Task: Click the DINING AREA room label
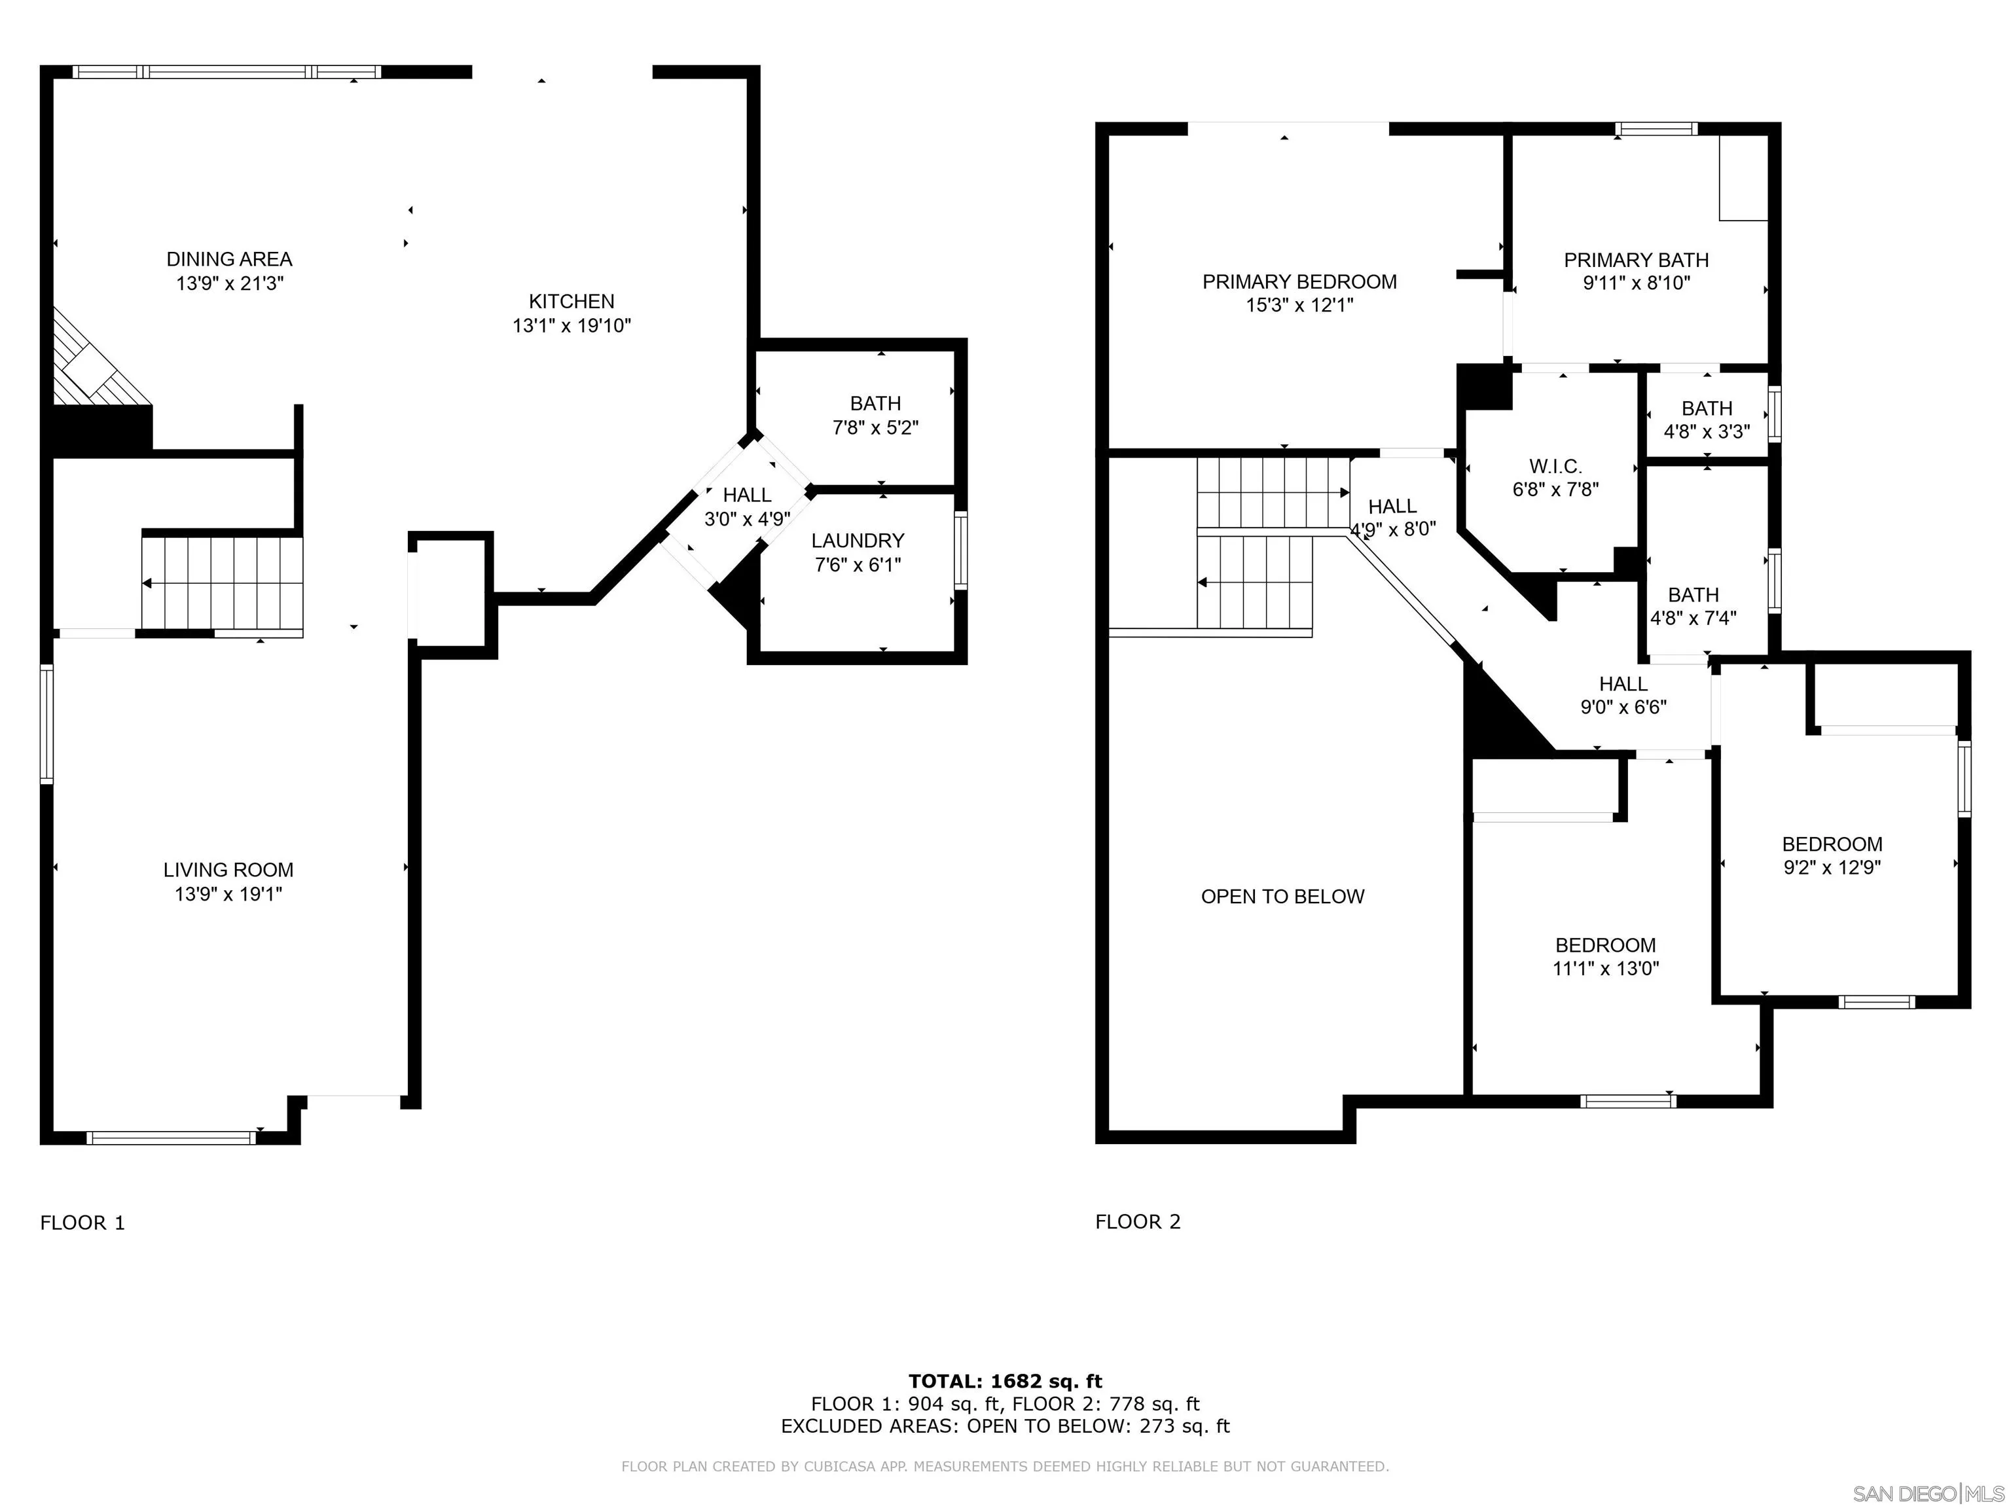point(229,259)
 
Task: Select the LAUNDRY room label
point(858,541)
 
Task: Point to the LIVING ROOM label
point(228,870)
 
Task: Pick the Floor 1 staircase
point(223,583)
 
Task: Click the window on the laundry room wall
point(960,550)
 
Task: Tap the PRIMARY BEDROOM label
point(1299,282)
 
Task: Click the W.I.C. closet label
point(1555,466)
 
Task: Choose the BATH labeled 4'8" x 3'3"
point(1707,420)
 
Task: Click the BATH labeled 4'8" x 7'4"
point(1693,606)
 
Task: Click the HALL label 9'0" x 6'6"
point(1623,694)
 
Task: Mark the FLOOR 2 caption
point(1137,1222)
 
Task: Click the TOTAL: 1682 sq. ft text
point(1005,1382)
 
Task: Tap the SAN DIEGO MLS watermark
point(1927,1494)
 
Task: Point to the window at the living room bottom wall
point(171,1137)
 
